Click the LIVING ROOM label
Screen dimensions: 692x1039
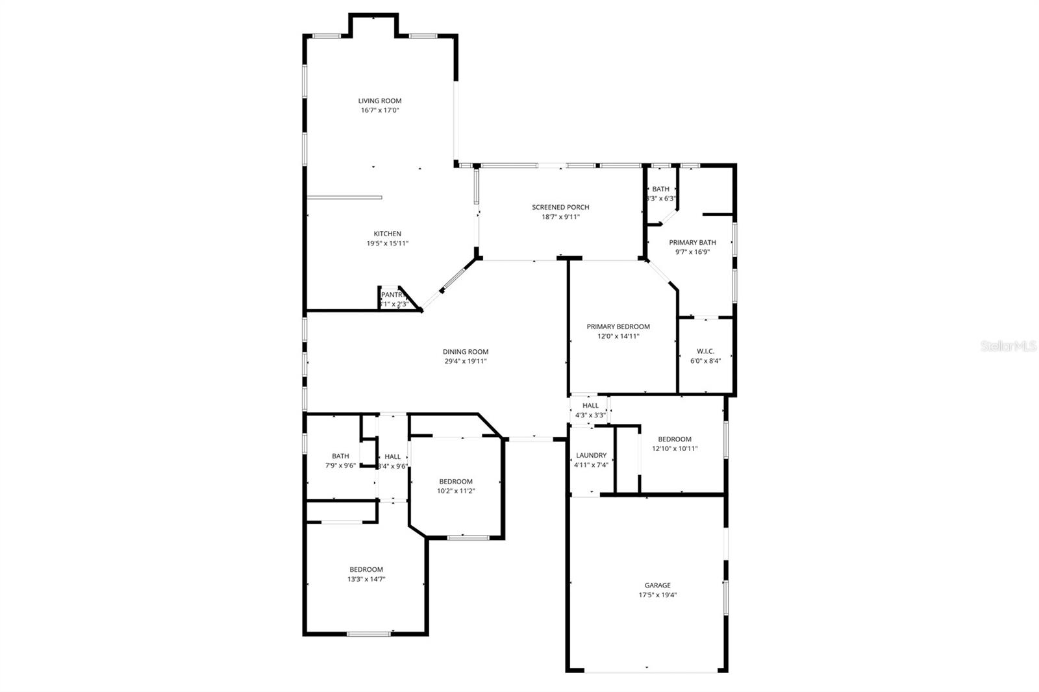click(x=380, y=101)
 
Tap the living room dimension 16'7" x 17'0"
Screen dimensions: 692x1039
click(x=380, y=110)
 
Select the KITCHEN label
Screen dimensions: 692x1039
click(x=387, y=234)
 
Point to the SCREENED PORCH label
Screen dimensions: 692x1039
click(x=560, y=207)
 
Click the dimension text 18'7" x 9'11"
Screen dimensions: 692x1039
click(x=560, y=217)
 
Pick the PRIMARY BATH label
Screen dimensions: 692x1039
click(x=692, y=242)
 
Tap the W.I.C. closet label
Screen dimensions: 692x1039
click(x=705, y=351)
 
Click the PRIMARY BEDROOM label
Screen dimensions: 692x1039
click(x=618, y=327)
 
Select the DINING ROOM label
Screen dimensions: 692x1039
click(x=466, y=352)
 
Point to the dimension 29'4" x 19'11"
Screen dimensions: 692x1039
click(x=466, y=362)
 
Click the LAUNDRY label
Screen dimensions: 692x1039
click(x=591, y=455)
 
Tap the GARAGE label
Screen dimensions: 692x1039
click(x=657, y=585)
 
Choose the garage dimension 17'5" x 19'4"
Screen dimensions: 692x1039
click(x=657, y=595)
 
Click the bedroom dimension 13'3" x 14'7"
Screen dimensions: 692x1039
click(x=366, y=579)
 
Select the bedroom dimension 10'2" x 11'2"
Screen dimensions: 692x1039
click(x=456, y=491)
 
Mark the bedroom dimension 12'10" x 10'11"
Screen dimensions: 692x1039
click(x=675, y=449)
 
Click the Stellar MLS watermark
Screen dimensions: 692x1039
click(x=1008, y=347)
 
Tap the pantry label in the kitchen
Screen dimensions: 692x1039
click(x=392, y=295)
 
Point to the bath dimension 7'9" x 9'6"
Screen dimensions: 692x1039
click(x=340, y=465)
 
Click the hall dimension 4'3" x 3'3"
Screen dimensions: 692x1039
click(x=590, y=415)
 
